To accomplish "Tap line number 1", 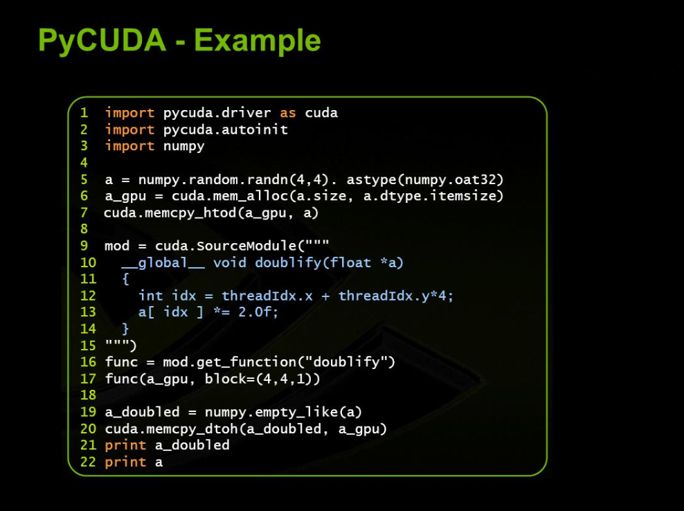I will pos(84,112).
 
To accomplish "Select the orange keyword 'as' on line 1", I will pos(288,112).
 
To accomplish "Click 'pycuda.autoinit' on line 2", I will pos(225,129).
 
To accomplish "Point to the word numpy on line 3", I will pos(183,146).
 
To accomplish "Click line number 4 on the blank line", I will pos(84,163).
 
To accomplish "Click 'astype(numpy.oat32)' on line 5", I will pos(425,179).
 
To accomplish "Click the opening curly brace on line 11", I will pos(125,279).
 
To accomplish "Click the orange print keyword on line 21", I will pos(125,445).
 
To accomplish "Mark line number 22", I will pos(88,462).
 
